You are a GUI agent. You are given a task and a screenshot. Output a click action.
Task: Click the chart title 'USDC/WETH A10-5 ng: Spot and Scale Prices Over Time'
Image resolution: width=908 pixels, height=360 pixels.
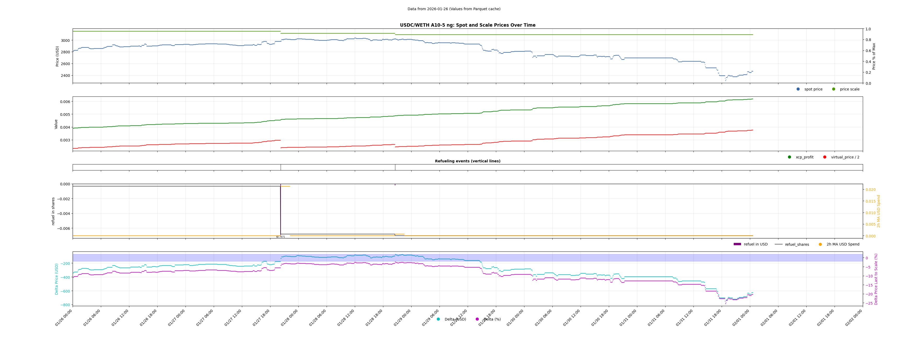(x=467, y=25)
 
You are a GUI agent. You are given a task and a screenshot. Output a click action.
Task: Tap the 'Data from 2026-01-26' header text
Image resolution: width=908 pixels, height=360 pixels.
(x=454, y=9)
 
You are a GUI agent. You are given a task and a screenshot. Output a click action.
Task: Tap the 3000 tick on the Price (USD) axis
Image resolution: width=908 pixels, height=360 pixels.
(x=65, y=41)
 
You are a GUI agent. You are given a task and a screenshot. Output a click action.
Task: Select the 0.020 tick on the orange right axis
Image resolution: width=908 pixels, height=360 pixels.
(x=870, y=190)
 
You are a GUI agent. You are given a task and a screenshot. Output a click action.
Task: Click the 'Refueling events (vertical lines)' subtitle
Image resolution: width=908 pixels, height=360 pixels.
(x=467, y=161)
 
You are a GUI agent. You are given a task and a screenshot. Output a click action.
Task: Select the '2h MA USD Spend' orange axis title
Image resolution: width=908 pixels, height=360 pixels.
(x=878, y=211)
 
